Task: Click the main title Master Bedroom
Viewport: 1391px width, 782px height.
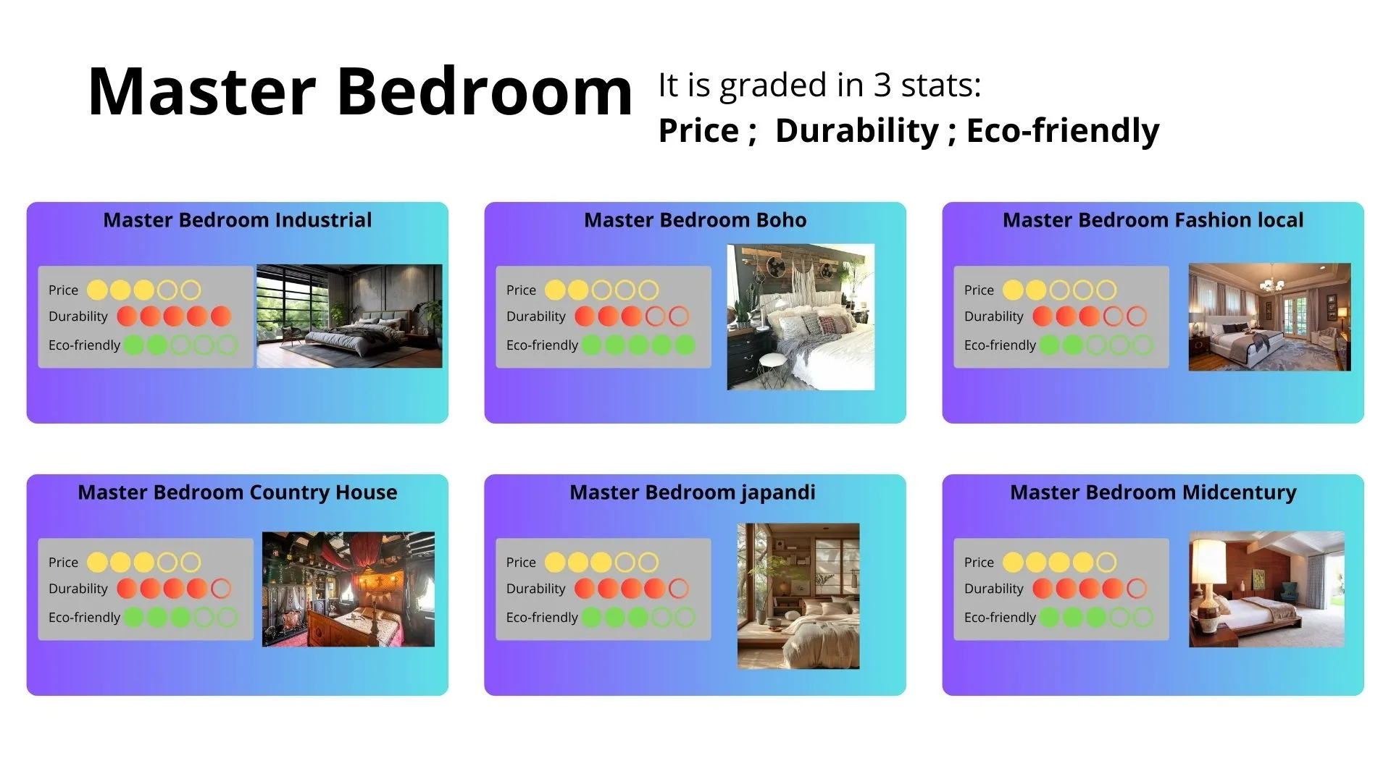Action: point(360,92)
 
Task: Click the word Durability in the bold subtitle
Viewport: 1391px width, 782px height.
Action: point(857,131)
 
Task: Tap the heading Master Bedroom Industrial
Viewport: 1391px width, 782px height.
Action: point(238,220)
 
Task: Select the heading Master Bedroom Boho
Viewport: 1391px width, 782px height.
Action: point(695,220)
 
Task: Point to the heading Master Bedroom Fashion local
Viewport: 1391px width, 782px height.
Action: point(1153,220)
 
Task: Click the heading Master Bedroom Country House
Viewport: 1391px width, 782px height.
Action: point(238,492)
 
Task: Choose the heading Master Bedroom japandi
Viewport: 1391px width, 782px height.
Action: point(693,492)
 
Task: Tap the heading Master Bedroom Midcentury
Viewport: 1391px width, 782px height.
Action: point(1153,492)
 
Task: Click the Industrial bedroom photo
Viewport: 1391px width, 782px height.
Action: point(349,316)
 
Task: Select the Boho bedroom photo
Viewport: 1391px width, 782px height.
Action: point(801,317)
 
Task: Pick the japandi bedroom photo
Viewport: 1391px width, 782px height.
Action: point(798,596)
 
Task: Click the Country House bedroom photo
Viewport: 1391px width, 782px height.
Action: point(348,589)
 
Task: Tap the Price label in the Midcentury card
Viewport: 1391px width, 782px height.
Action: point(979,563)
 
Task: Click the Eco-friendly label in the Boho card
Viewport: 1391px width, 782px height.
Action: point(542,345)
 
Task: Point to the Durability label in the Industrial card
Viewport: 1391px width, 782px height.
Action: point(78,316)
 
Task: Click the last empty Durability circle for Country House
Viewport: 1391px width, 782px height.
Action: point(221,589)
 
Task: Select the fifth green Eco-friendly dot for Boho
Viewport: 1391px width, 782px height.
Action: point(685,345)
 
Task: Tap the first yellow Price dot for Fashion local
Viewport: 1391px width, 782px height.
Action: point(1013,290)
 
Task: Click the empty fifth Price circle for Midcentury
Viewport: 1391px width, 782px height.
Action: point(1106,563)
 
